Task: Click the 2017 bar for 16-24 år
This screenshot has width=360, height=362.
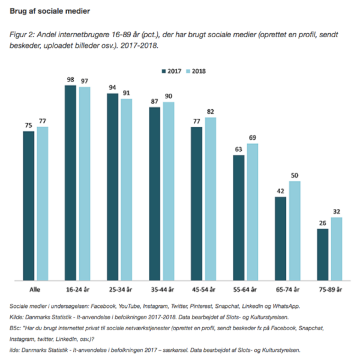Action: tap(70, 183)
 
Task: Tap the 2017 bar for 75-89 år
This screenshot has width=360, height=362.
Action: tap(322, 254)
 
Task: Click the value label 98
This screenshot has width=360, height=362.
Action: tap(70, 80)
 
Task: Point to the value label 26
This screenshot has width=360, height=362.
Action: tap(322, 223)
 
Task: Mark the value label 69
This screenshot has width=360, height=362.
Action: tap(253, 138)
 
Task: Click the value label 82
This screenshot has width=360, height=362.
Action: tap(210, 112)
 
